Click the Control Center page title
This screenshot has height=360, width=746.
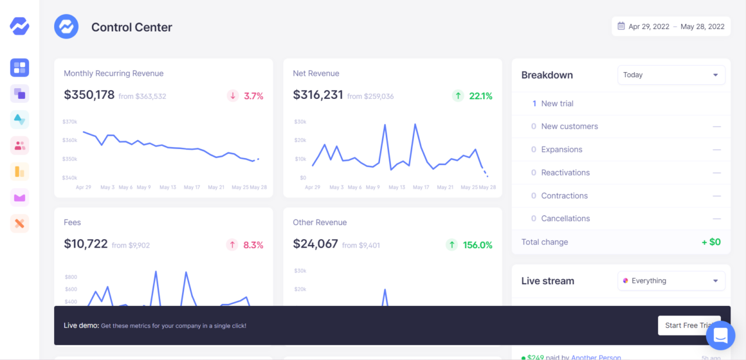132,27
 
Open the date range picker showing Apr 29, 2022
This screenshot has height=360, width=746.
671,26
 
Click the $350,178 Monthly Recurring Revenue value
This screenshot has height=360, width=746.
89,95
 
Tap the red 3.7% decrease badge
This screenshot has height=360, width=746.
246,96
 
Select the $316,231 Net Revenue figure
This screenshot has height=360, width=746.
318,95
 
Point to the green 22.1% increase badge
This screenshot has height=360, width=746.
473,96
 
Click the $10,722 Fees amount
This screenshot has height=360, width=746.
86,244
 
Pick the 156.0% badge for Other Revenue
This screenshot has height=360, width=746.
470,245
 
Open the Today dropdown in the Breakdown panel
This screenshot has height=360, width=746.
671,75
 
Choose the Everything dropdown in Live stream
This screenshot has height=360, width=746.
671,281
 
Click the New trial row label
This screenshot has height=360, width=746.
557,104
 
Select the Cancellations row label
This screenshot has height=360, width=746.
565,219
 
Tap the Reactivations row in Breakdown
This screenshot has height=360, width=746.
565,172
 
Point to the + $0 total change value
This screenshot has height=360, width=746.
711,242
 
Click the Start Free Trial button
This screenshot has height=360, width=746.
688,325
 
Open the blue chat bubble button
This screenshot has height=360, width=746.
720,335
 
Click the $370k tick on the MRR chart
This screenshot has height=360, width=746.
70,122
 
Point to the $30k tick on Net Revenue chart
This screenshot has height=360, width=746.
300,122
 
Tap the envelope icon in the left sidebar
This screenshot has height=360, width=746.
20,197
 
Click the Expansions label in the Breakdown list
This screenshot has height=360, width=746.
561,149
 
